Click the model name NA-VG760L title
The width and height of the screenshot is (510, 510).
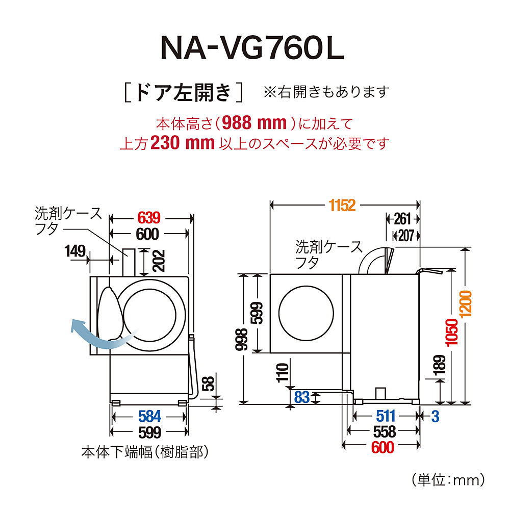(x=253, y=49)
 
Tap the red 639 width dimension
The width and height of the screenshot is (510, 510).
(x=149, y=218)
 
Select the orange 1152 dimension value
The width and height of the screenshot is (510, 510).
(x=342, y=205)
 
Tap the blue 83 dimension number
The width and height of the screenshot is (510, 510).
(x=302, y=397)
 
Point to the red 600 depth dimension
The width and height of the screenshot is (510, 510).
(x=383, y=448)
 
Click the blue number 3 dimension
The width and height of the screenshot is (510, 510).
(x=435, y=416)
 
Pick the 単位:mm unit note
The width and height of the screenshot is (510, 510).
(x=447, y=479)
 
